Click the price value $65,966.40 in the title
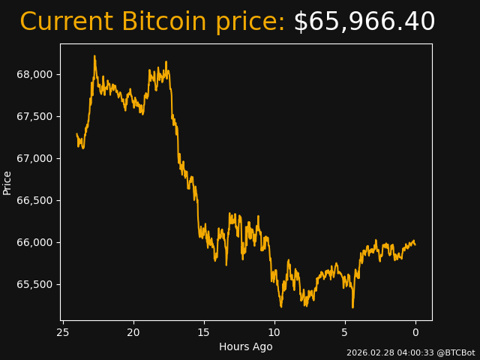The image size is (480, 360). click(x=364, y=22)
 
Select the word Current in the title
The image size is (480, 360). click(x=66, y=22)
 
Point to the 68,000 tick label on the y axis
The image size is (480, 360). click(x=34, y=74)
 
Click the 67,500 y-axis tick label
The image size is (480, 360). click(x=34, y=116)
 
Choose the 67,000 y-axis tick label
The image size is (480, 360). click(x=34, y=158)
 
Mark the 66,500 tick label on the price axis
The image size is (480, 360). click(x=34, y=200)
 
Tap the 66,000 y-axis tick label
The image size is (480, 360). click(x=34, y=242)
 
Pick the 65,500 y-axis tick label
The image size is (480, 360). click(x=34, y=284)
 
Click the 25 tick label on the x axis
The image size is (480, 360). click(x=63, y=332)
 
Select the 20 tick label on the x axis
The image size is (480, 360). click(x=133, y=332)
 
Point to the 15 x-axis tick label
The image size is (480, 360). click(x=204, y=332)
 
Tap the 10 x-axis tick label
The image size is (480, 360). click(x=274, y=332)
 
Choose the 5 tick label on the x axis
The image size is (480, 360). click(x=345, y=332)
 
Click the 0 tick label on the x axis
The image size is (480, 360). click(x=415, y=332)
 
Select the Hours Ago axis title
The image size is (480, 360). click(x=245, y=346)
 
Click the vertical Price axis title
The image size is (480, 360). click(x=7, y=182)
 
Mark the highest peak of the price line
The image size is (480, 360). click(x=94, y=55)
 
